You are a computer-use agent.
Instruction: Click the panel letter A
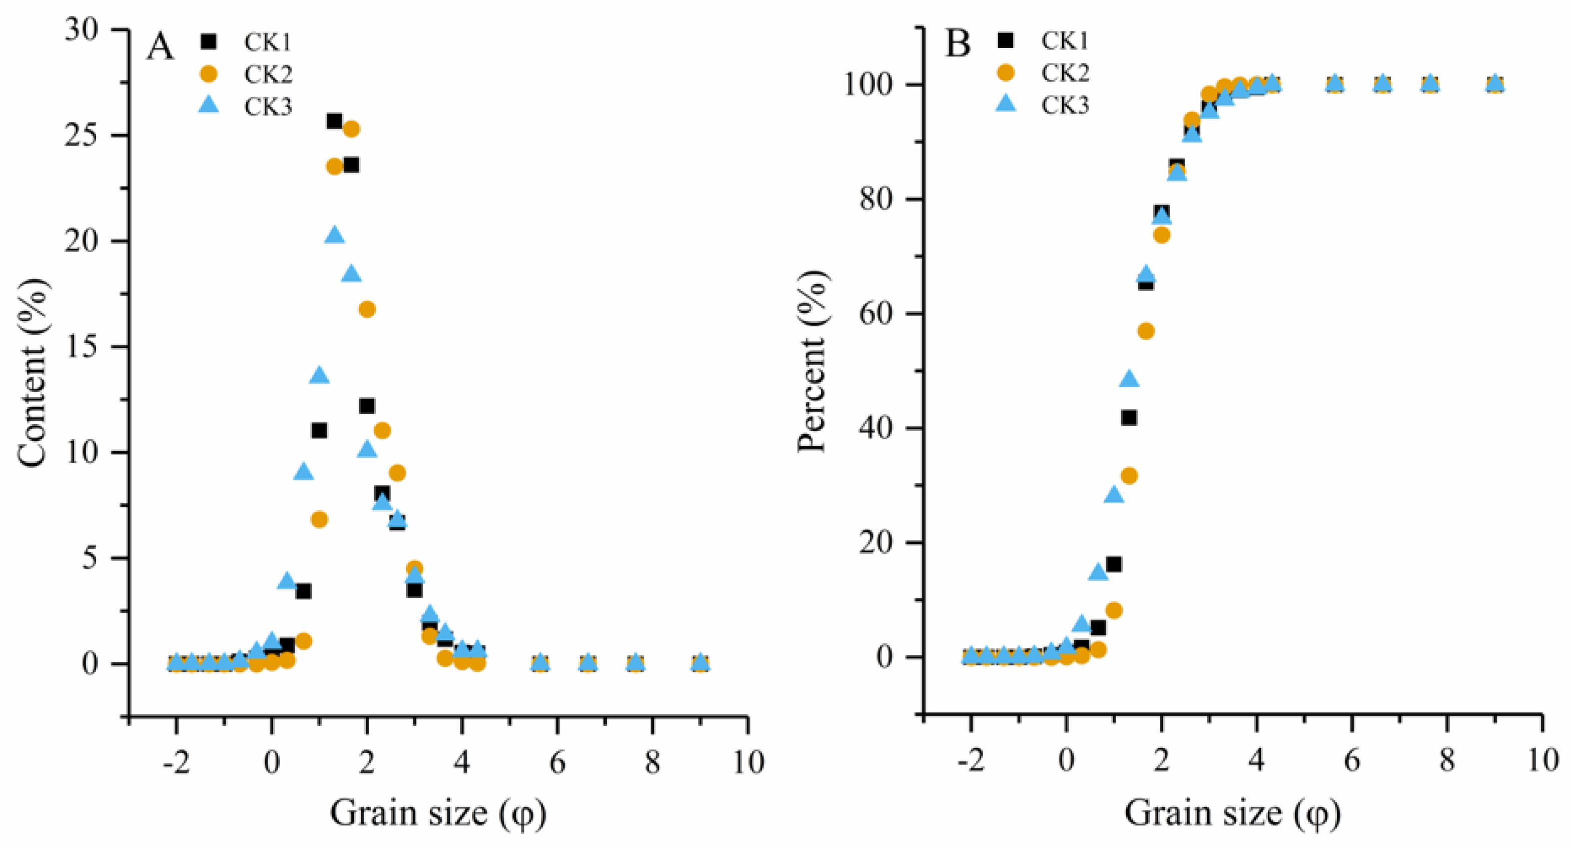(x=160, y=47)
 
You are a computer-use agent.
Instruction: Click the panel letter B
(x=957, y=44)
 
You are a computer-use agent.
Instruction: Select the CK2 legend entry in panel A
(x=268, y=75)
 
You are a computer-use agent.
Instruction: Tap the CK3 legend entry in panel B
(x=1064, y=106)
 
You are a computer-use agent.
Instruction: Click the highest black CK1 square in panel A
(x=334, y=121)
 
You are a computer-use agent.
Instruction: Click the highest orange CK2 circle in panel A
(x=351, y=129)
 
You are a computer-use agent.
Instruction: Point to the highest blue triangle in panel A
(x=334, y=235)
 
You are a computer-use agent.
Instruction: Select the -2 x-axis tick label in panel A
(x=176, y=762)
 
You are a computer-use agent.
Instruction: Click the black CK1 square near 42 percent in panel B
(x=1129, y=418)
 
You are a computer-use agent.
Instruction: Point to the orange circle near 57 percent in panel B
(x=1145, y=331)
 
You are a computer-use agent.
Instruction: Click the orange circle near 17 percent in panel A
(x=367, y=309)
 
